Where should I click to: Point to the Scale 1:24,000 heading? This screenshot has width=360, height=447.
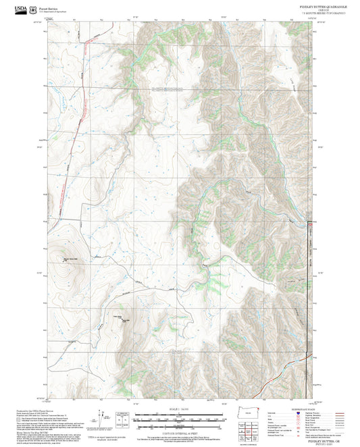tap(179, 410)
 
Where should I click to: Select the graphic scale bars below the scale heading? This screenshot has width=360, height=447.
tap(179, 420)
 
